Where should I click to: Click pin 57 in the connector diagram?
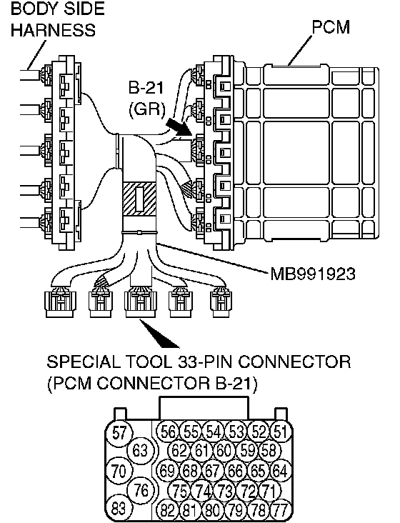(x=119, y=433)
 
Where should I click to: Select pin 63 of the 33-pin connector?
(x=140, y=451)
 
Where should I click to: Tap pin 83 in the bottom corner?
(x=119, y=509)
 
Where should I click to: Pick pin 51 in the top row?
(x=281, y=432)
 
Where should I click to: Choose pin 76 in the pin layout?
(x=141, y=490)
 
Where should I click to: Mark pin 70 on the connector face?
(x=119, y=471)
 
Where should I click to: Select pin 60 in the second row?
(x=224, y=451)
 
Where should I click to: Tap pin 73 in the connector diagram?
(x=224, y=491)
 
